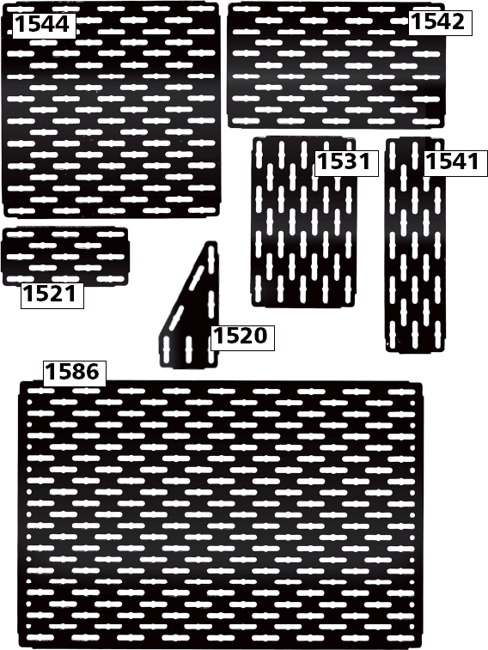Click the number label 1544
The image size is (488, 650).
click(x=44, y=24)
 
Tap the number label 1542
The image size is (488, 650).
click(x=440, y=22)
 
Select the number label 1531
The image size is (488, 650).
click(x=346, y=161)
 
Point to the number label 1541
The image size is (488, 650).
click(x=454, y=161)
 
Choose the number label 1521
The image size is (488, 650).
click(x=52, y=295)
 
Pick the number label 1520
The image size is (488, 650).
click(x=242, y=337)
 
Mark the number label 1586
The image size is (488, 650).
click(x=75, y=373)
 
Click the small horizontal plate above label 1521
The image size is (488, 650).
click(x=65, y=256)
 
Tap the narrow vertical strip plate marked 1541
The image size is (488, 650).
click(x=415, y=245)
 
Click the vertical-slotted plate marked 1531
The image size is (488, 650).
click(x=303, y=222)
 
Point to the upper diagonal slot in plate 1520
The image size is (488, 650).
click(x=197, y=278)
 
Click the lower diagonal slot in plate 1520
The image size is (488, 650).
click(x=175, y=318)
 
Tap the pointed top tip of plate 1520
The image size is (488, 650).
click(x=211, y=242)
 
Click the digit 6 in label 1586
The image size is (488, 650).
click(x=92, y=373)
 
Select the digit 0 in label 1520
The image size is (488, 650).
click(x=259, y=337)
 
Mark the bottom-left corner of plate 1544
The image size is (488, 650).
click(x=5, y=216)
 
